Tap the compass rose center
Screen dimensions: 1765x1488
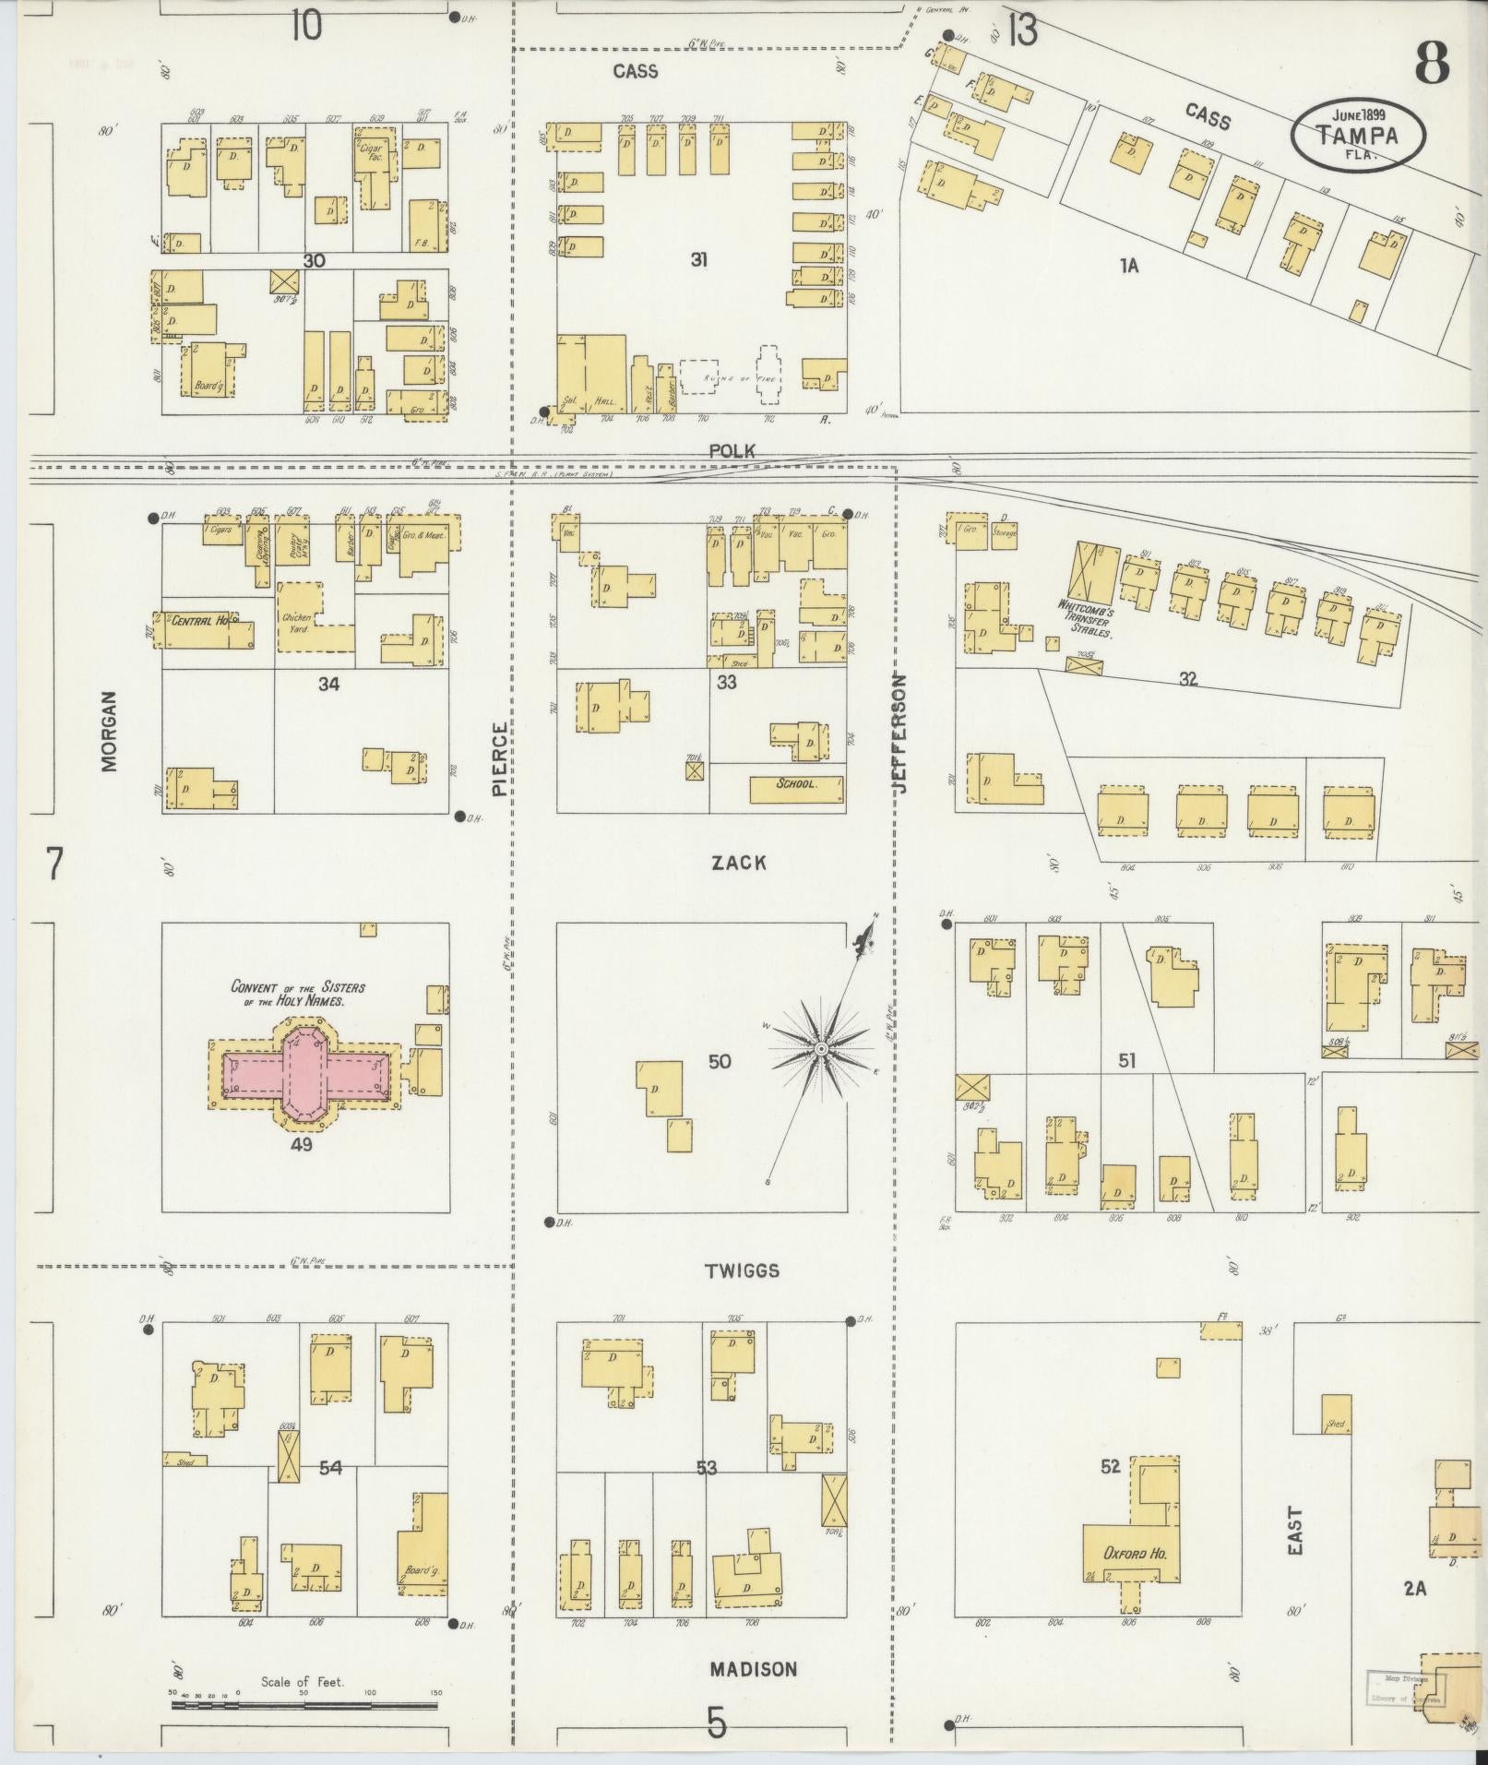(820, 1050)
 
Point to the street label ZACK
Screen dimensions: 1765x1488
(738, 863)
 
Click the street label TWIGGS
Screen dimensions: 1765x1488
(742, 1270)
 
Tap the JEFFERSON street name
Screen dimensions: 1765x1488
(900, 733)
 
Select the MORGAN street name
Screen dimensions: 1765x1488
(110, 731)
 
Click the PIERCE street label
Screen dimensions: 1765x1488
(499, 758)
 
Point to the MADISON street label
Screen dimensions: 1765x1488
(753, 1668)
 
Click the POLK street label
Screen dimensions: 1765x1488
(732, 450)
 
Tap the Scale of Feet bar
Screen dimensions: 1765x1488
(304, 1705)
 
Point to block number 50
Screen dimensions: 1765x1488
(720, 1061)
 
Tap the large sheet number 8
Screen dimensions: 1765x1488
(1431, 62)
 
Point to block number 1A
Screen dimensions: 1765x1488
(1129, 266)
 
